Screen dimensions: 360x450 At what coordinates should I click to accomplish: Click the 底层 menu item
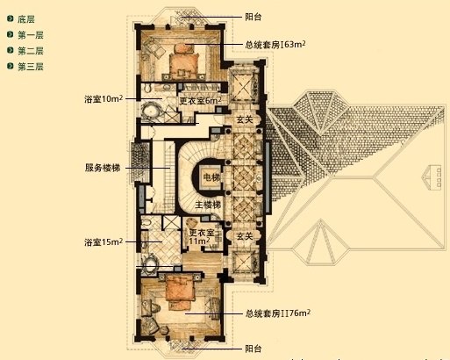pos(25,18)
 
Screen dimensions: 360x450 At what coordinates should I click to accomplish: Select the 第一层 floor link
pos(30,34)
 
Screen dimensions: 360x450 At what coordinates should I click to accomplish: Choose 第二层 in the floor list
pos(30,51)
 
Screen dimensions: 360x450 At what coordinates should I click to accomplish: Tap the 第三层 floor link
pos(30,67)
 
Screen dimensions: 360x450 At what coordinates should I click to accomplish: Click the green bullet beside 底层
pos(9,18)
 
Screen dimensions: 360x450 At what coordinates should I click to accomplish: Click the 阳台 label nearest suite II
pos(254,349)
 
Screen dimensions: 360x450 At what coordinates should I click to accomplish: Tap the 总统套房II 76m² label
pos(278,313)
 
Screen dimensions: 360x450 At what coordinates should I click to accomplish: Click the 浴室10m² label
pos(104,99)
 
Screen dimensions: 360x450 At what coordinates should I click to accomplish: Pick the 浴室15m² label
pos(104,241)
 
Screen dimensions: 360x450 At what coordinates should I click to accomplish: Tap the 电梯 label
pos(211,178)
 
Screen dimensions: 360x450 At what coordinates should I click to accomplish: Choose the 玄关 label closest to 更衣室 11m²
pos(245,235)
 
